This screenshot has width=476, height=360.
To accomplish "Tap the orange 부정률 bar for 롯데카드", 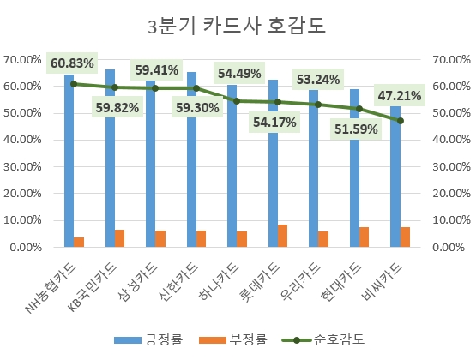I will [x=283, y=236].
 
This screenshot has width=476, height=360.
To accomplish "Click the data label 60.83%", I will [x=73, y=63].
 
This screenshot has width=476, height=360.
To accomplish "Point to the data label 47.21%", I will [x=400, y=95].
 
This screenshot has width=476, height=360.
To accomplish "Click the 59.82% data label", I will [x=114, y=109].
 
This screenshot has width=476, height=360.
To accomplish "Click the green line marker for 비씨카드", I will [x=400, y=121].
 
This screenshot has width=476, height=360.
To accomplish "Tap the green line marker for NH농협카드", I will [x=74, y=84].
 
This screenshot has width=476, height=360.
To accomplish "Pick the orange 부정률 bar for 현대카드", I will [x=365, y=237].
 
